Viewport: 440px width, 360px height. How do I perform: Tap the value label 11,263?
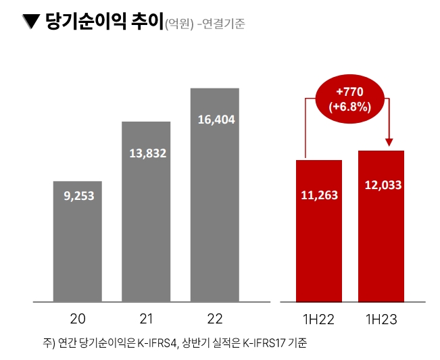pyautogui.click(x=319, y=195)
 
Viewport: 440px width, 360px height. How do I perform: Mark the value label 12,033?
pyautogui.click(x=381, y=185)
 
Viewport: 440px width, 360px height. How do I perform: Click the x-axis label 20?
pyautogui.click(x=77, y=318)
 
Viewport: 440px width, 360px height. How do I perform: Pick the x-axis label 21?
pyautogui.click(x=146, y=318)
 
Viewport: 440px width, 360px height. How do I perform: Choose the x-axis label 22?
pyautogui.click(x=214, y=318)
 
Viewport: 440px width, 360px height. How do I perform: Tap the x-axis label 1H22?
pyautogui.click(x=319, y=318)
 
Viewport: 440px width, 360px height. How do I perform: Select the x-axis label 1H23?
pyautogui.click(x=381, y=318)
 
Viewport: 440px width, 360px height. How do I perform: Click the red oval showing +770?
pyautogui.click(x=349, y=98)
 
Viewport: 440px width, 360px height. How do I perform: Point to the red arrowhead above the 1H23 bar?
pyautogui.click(x=389, y=142)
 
